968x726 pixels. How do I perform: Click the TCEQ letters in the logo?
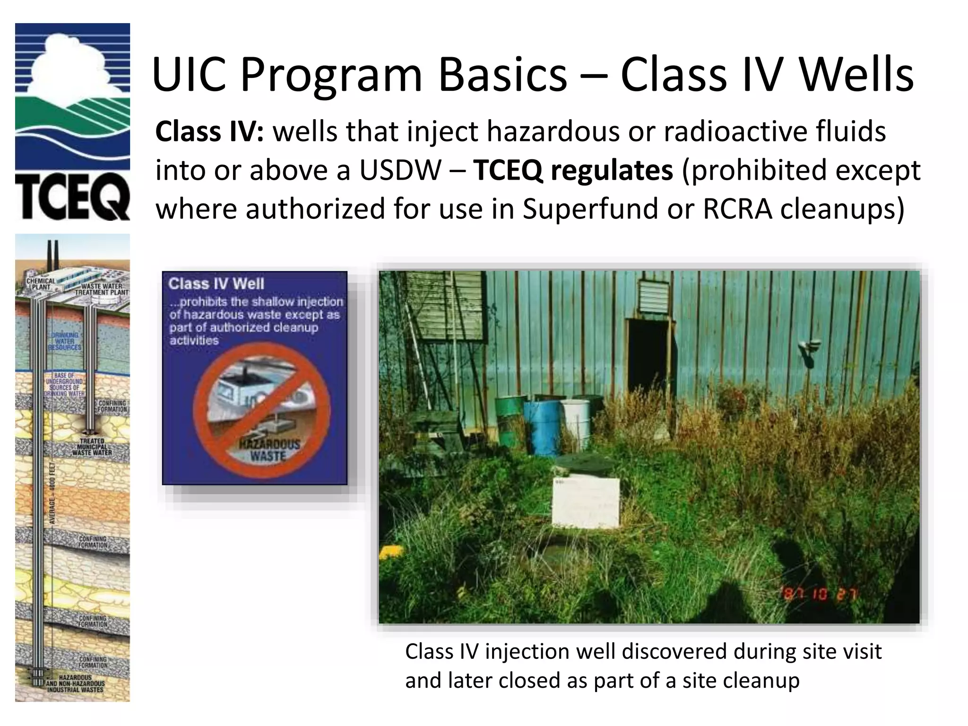click(72, 199)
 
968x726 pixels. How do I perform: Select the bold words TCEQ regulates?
click(573, 170)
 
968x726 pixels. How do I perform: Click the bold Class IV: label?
click(209, 131)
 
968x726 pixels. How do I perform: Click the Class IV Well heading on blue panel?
click(216, 284)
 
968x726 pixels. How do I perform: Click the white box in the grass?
click(586, 503)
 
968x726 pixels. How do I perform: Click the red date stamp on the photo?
click(820, 594)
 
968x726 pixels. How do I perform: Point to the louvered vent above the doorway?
click(654, 296)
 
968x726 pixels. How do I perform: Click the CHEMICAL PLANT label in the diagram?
click(41, 284)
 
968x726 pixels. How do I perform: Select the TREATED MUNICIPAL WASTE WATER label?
click(92, 447)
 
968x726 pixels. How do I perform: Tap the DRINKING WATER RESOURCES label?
click(65, 341)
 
